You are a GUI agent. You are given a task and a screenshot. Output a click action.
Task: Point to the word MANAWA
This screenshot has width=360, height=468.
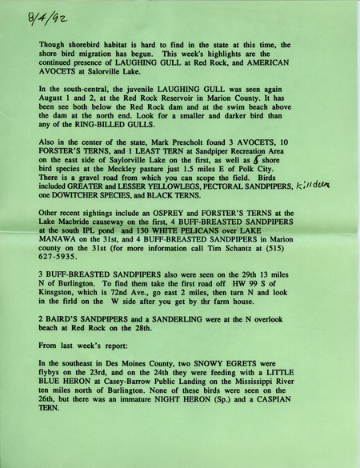tap(61, 258)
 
